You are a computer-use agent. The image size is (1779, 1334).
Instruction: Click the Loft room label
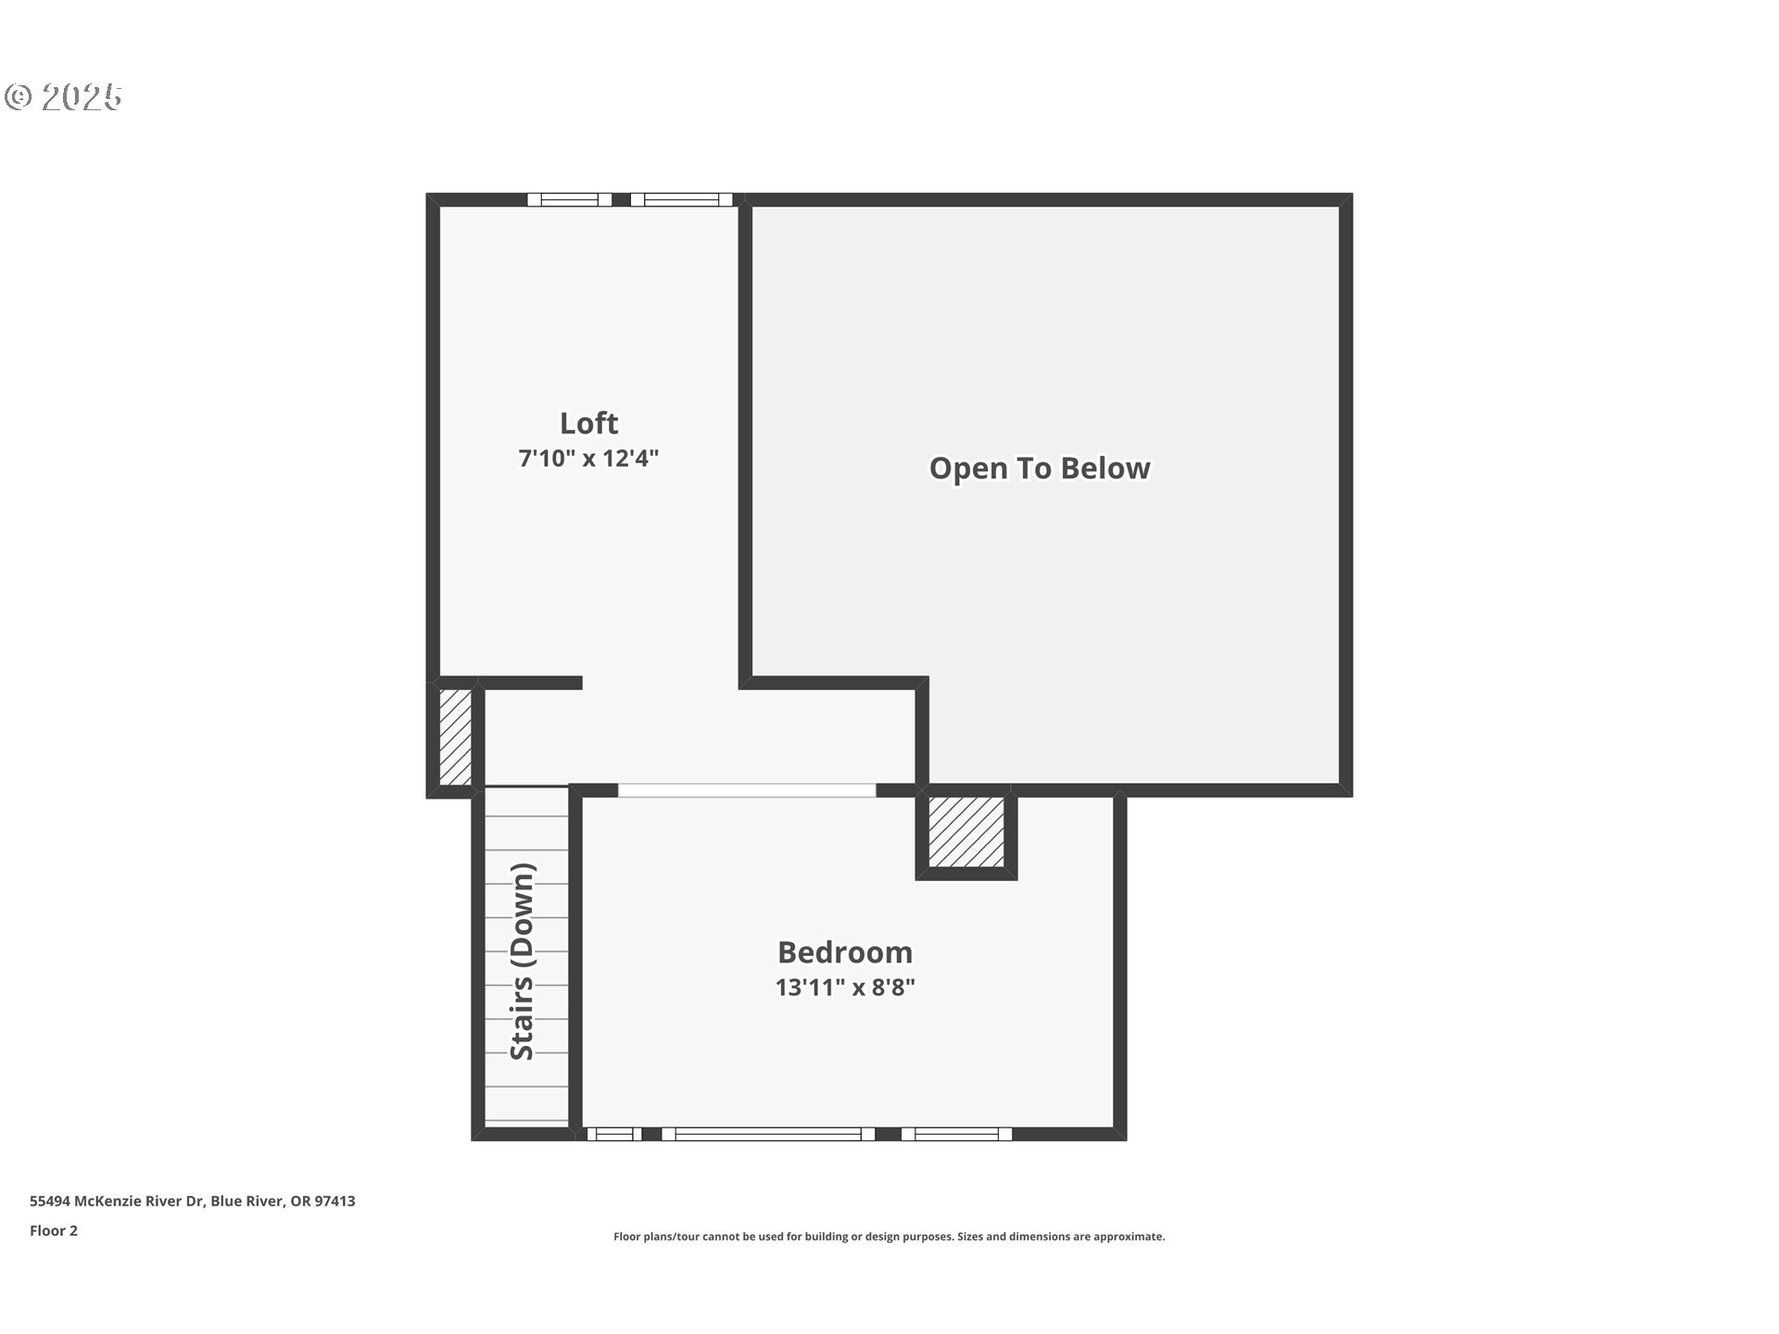(x=588, y=423)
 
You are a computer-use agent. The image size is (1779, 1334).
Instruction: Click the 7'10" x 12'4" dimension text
(x=588, y=459)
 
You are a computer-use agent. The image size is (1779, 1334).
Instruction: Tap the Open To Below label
(x=1040, y=469)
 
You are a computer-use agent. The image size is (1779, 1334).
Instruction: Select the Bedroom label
(x=844, y=952)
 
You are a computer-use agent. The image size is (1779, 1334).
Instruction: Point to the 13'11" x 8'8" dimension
(x=844, y=988)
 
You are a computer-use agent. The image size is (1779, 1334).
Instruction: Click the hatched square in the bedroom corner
(x=966, y=832)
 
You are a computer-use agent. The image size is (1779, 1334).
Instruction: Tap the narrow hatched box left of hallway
(x=455, y=737)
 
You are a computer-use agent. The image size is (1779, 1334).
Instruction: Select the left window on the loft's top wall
(x=570, y=199)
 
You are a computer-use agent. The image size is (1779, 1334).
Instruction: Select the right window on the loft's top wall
(x=681, y=199)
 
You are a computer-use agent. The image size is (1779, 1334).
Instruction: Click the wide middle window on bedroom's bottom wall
(x=768, y=1134)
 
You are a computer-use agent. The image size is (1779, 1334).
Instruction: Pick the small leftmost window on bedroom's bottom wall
(x=613, y=1134)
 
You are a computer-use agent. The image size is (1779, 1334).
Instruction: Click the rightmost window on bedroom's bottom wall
(x=956, y=1134)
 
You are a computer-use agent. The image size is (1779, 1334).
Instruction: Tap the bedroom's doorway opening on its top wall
(x=747, y=790)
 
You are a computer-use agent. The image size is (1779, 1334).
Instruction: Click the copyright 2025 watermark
(x=63, y=97)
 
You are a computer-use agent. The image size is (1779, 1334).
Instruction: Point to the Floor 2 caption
(x=54, y=1231)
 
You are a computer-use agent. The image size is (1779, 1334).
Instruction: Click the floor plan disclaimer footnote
(x=889, y=1237)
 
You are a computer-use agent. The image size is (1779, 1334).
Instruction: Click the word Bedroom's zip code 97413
(x=334, y=1202)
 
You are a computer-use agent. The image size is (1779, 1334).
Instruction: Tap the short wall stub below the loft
(x=531, y=683)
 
